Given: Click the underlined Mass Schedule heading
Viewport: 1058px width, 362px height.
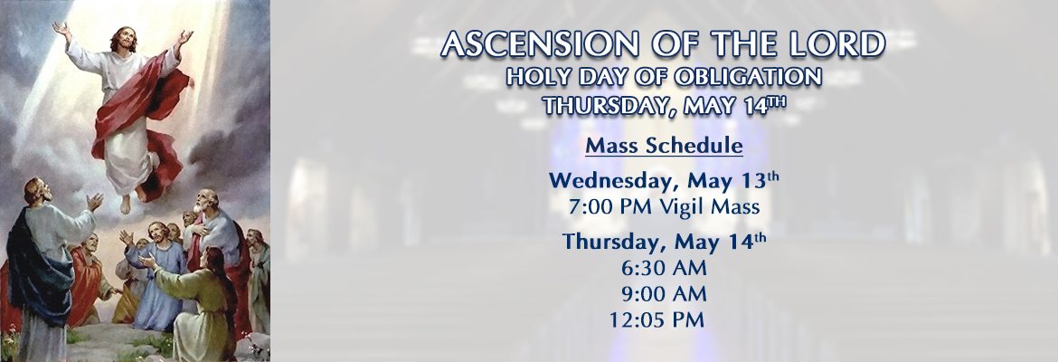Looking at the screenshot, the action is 664,145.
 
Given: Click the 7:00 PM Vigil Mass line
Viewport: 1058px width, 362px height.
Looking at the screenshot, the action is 664,206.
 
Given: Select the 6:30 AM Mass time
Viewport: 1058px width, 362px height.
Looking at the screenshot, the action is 664,268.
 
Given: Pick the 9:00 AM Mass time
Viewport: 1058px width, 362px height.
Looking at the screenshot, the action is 664,294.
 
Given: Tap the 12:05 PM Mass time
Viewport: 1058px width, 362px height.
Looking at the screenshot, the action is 657,319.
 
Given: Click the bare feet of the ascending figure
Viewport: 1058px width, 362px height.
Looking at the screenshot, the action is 132,200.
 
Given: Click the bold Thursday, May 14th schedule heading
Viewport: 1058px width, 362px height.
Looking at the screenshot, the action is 664,241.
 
